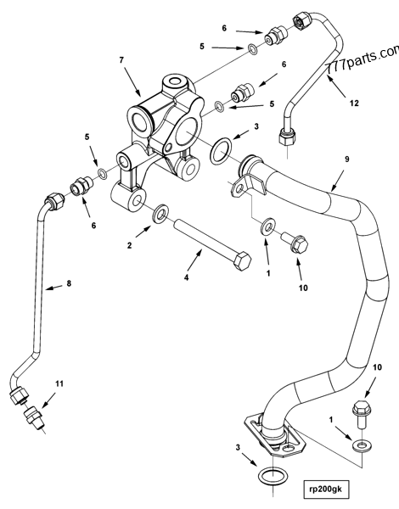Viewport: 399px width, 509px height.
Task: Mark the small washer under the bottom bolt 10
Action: coord(362,444)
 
